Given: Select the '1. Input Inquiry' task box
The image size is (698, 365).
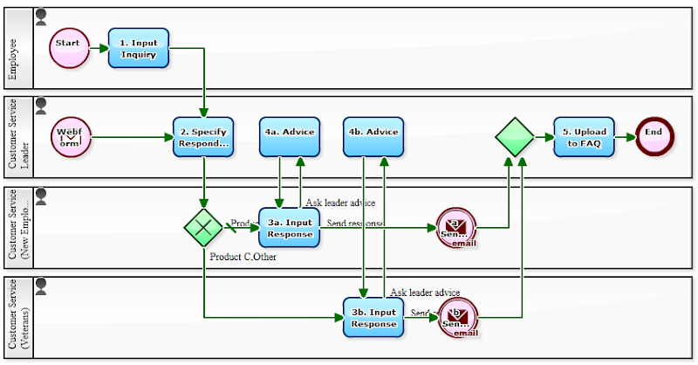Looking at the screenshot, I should tap(139, 48).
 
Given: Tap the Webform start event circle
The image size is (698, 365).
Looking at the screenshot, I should tap(70, 137).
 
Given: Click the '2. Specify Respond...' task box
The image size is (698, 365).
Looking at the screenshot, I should tap(203, 137).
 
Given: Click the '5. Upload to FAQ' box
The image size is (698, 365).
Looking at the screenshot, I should tap(584, 137).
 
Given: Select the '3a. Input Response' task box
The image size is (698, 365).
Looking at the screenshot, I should tap(290, 227).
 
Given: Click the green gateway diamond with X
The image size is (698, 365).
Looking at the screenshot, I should tap(203, 227).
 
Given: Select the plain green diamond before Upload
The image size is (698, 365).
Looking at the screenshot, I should tap(515, 137).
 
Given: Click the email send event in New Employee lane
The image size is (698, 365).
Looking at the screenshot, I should tap(455, 227).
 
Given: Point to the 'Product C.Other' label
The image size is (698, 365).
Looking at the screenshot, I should tap(243, 257).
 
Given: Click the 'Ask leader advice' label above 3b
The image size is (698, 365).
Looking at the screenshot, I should tap(425, 293).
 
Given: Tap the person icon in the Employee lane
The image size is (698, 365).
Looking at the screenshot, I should tap(41, 16).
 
